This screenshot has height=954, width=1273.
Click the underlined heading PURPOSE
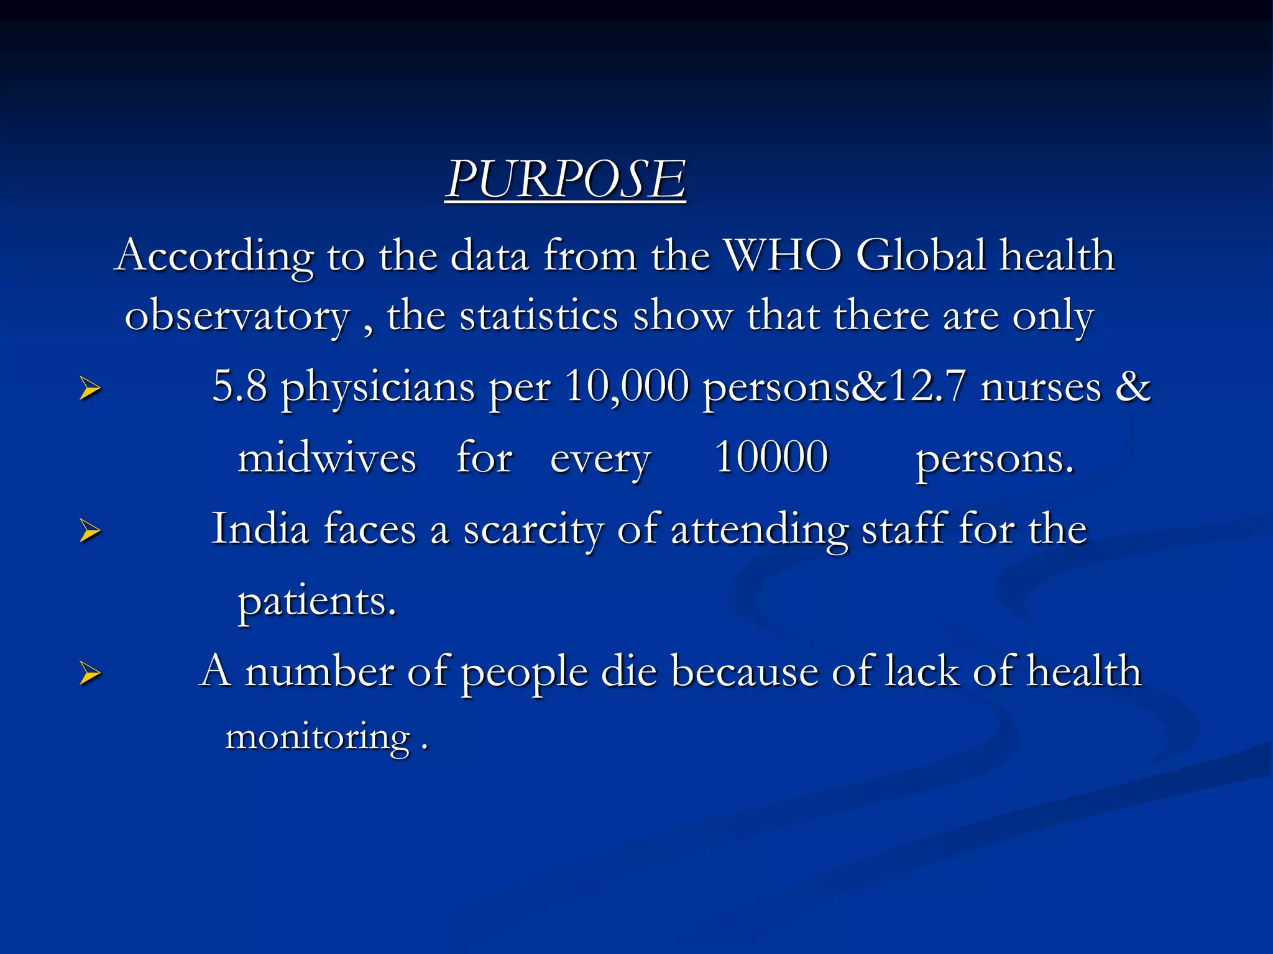pos(565,179)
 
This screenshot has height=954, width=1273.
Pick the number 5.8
pos(240,386)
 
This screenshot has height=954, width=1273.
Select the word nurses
pos(1041,387)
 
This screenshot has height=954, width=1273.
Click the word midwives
pos(327,458)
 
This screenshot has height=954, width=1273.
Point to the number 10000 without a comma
pos(771,457)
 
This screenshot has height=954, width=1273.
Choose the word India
pos(260,529)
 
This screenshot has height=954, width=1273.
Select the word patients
pos(317,601)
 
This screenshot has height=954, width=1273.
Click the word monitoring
pos(318,737)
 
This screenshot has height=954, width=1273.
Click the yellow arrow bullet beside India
pos(90,531)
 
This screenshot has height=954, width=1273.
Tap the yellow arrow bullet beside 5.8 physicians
pos(90,389)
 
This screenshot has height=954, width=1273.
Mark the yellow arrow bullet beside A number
pos(90,673)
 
